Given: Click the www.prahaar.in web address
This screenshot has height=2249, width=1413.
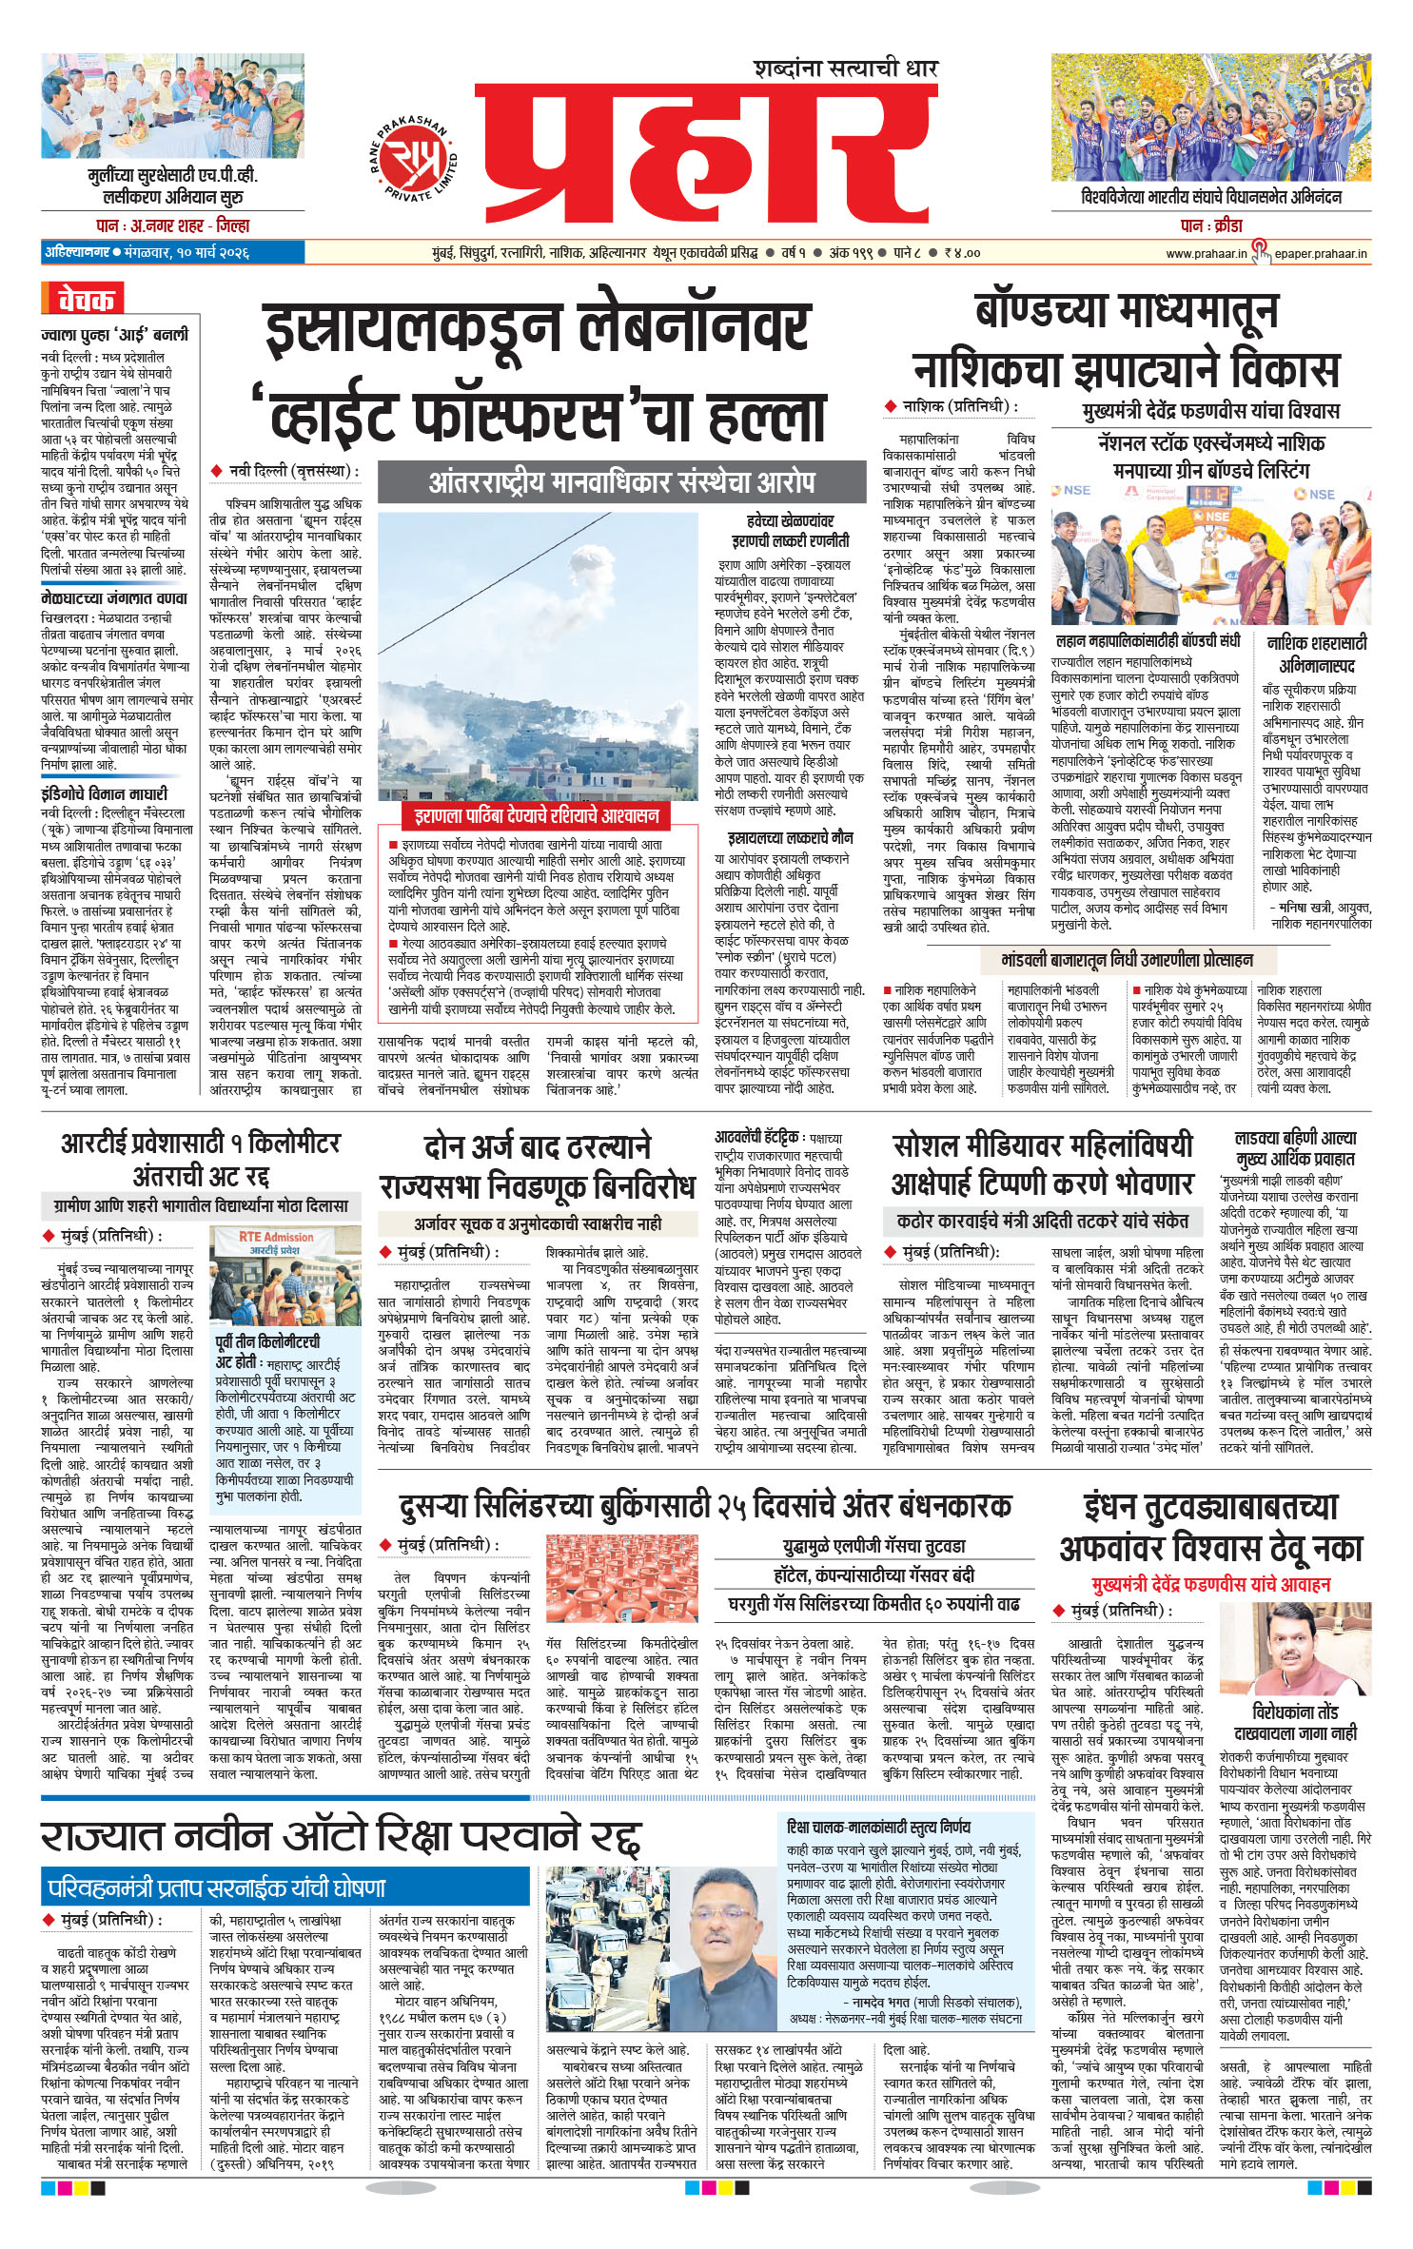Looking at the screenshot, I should [x=1206, y=253].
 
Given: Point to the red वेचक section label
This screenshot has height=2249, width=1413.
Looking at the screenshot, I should [x=85, y=300].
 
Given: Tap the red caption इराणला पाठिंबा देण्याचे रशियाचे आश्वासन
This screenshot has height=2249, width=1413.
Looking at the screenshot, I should [x=536, y=815].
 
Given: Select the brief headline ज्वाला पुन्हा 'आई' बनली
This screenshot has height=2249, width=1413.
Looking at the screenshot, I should [x=114, y=335].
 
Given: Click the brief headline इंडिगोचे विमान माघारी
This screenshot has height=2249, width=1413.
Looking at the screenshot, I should [x=104, y=793].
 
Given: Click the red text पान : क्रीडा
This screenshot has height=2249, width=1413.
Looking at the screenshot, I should [x=1210, y=225].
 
